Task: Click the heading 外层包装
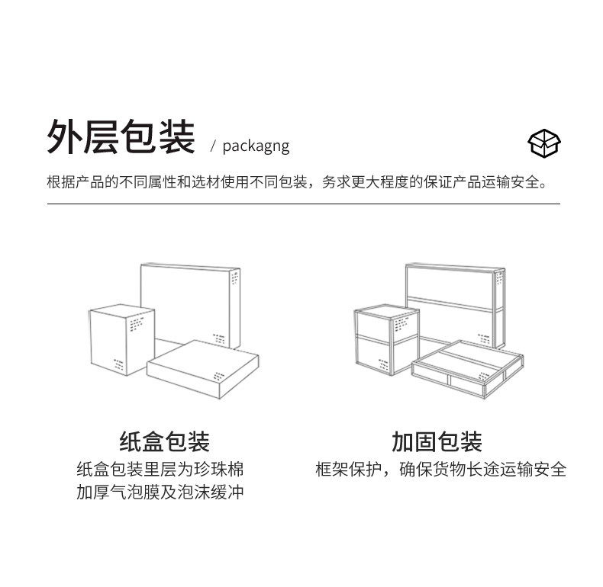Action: click(121, 137)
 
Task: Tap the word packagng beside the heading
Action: click(256, 146)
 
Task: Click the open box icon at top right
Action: click(543, 143)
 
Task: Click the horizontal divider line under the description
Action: click(303, 204)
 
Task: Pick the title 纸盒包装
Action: click(164, 441)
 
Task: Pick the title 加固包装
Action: click(437, 441)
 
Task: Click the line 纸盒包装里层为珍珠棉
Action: click(160, 469)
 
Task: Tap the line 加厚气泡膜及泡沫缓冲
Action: click(160, 492)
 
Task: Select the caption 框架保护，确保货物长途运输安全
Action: click(441, 469)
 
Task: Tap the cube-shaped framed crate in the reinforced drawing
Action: click(385, 339)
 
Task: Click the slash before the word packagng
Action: click(214, 146)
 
